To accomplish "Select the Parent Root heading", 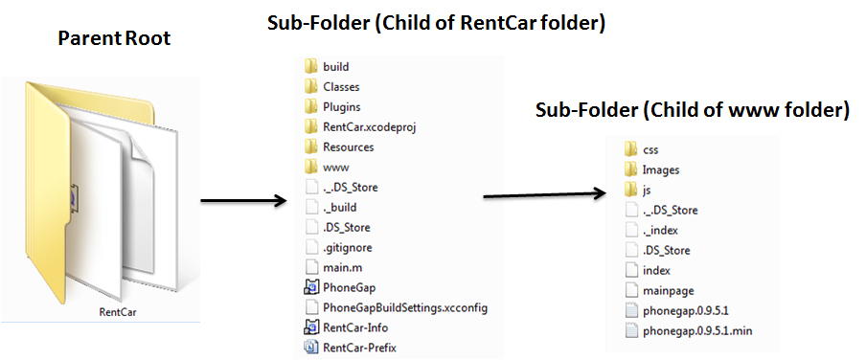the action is coord(114,38).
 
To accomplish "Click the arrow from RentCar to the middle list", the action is coord(243,200).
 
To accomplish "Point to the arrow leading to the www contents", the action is coord(545,193).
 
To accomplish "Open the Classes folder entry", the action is coord(331,87).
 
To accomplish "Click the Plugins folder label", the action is coord(342,107).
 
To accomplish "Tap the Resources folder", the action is coord(339,147).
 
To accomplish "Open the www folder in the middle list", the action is coord(327,168).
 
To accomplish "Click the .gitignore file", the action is coord(338,248).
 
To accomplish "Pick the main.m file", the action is coord(333,268).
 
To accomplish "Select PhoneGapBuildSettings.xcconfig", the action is coord(396,307).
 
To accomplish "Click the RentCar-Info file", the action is coord(346,328).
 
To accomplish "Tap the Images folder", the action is coord(651,170).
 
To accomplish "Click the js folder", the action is coord(638,190).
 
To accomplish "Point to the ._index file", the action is coord(651,230).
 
